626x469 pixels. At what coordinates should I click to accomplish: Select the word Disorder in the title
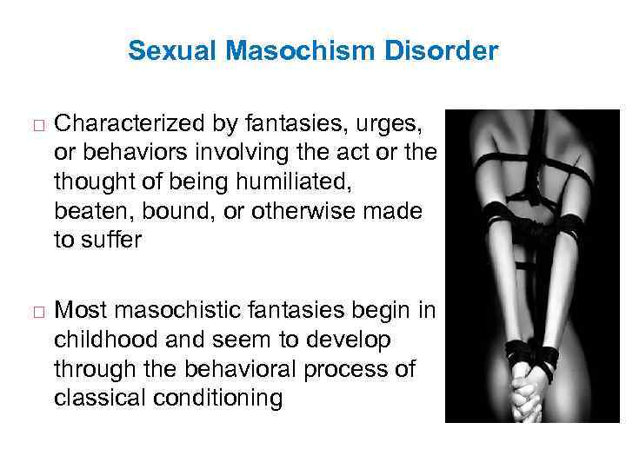(x=447, y=51)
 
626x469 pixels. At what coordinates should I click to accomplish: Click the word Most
(x=78, y=310)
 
